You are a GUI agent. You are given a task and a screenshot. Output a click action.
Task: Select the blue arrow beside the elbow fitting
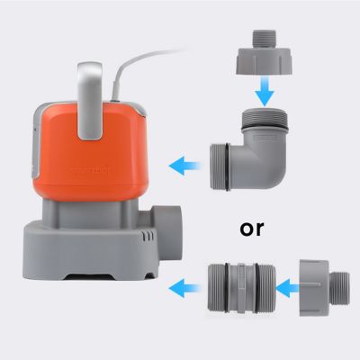point(184,166)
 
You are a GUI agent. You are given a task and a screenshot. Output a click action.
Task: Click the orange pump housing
point(90,157)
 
